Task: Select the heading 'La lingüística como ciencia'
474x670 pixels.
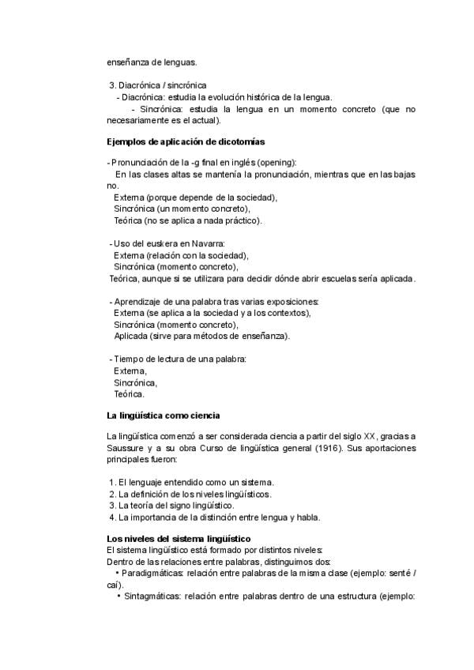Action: pos(163,415)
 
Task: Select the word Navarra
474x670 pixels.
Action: pos(207,244)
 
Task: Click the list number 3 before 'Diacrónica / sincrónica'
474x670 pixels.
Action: pos(111,85)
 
